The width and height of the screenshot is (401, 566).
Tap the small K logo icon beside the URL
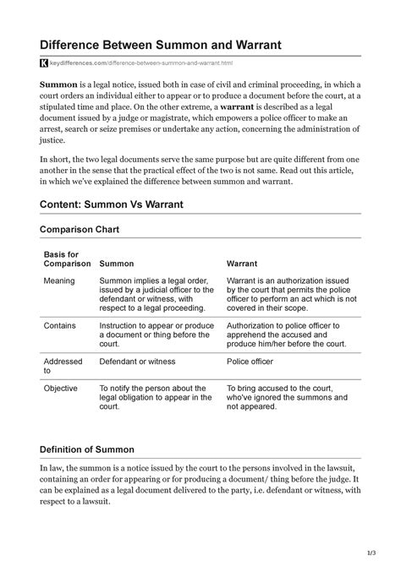[x=44, y=63]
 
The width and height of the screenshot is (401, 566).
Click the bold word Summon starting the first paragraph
[x=60, y=84]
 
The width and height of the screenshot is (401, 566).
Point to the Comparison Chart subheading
[x=85, y=229]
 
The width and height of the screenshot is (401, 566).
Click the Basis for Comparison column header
[x=66, y=258]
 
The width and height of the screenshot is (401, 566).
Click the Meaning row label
[x=60, y=280]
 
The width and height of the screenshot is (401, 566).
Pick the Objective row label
[x=61, y=389]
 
